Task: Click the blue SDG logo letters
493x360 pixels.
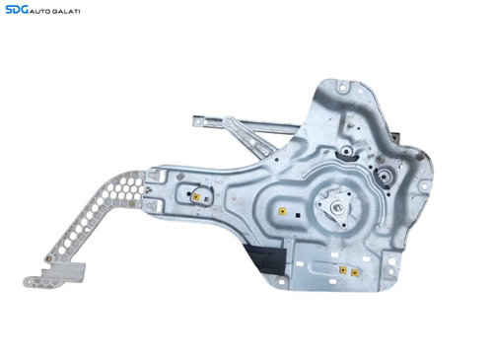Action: (x=17, y=10)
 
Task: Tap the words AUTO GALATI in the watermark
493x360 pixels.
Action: (x=55, y=12)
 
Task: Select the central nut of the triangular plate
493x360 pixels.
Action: (x=337, y=207)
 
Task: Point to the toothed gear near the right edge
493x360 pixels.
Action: (x=384, y=177)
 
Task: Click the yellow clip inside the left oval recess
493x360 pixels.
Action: (x=196, y=197)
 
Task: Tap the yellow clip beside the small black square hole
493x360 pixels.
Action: (x=282, y=211)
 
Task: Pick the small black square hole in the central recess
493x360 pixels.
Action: (x=298, y=215)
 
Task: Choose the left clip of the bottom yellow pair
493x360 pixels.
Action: (x=343, y=270)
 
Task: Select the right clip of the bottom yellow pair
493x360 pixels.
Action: (x=354, y=272)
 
